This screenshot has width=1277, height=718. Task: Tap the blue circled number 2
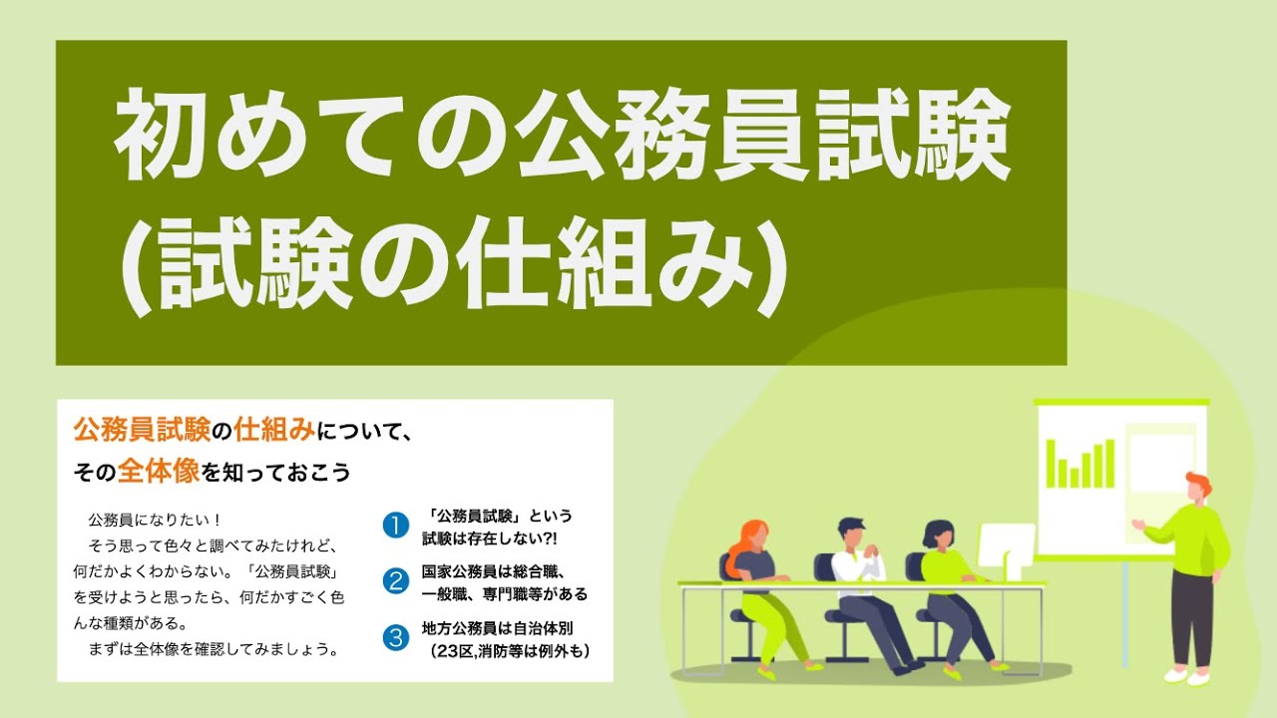click(396, 581)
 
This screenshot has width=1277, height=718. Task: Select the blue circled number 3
click(396, 638)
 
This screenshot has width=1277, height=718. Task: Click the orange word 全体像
click(159, 471)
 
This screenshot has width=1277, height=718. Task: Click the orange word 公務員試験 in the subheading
click(142, 431)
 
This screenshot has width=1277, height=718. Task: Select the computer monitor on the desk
click(1006, 548)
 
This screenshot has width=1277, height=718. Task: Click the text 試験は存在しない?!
click(489, 538)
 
